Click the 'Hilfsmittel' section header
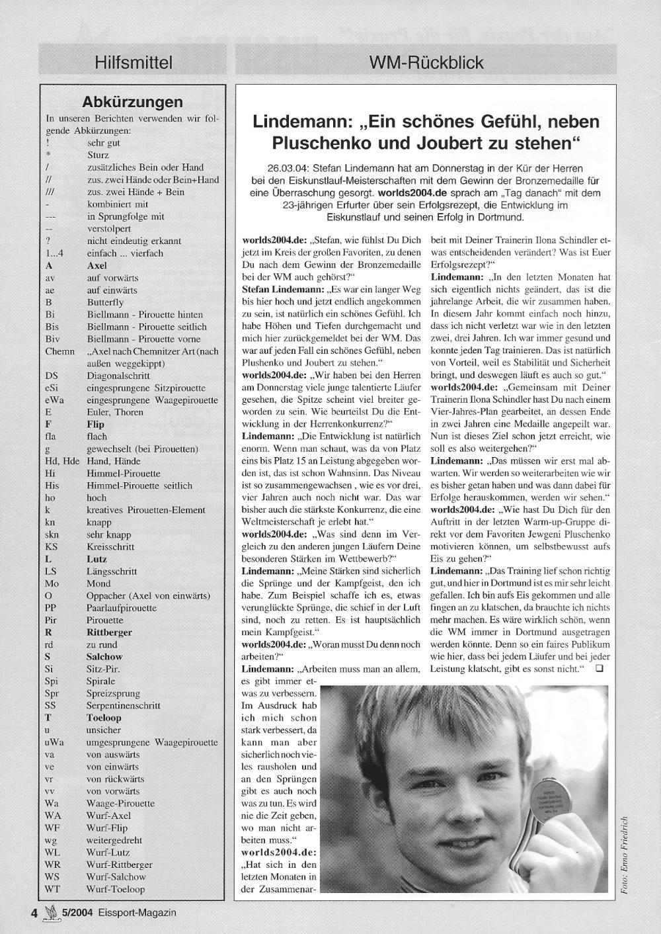tap(134, 63)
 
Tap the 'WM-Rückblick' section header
tap(426, 63)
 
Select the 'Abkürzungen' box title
tap(132, 103)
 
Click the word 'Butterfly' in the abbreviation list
tap(105, 302)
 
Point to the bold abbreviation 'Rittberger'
tap(109, 632)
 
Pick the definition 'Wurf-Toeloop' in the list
tap(116, 889)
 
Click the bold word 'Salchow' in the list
tap(104, 657)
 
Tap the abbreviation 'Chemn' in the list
tap(59, 351)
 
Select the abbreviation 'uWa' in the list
tap(54, 742)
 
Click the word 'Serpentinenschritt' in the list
tap(123, 706)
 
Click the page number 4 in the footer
tap(34, 913)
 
